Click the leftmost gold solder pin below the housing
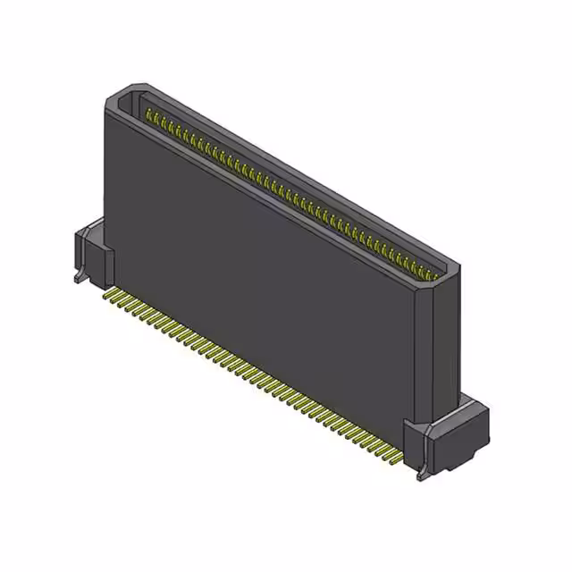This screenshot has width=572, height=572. coord(109,292)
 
